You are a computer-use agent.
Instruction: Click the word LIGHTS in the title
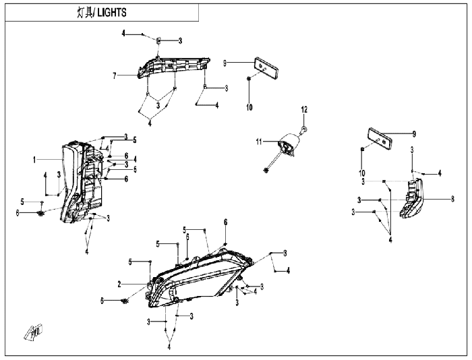[112, 13]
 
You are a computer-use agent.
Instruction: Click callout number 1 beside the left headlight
[34, 160]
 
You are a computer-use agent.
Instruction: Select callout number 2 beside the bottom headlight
[119, 284]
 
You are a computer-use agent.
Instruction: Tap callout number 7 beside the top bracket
[115, 76]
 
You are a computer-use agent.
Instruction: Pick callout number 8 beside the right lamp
[452, 200]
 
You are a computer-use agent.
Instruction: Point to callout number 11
[259, 142]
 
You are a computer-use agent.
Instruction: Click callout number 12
[304, 110]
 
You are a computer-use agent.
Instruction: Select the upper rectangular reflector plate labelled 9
[266, 68]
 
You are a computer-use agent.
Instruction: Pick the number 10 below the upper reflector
[249, 107]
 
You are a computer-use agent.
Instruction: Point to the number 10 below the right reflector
[362, 173]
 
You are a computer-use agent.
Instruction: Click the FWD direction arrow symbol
[34, 332]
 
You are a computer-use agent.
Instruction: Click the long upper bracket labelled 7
[174, 67]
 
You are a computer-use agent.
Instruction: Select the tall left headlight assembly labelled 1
[82, 183]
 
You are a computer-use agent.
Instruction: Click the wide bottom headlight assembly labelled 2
[200, 279]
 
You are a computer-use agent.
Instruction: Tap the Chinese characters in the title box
[84, 13]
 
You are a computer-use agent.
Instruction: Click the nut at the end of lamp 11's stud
[266, 171]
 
